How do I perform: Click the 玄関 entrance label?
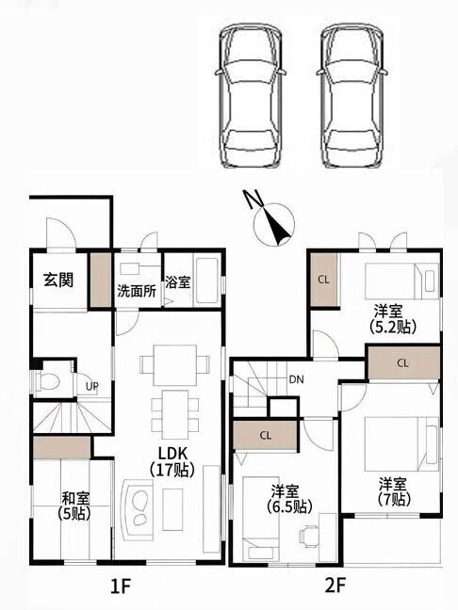[x=58, y=280]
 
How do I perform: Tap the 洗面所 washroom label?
[x=137, y=291]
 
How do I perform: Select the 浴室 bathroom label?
[x=177, y=282]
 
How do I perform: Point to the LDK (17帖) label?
[x=172, y=462]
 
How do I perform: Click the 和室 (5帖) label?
[x=74, y=506]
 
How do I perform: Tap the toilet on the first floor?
[x=47, y=381]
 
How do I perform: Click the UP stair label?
[x=92, y=387]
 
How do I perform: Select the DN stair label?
[x=297, y=379]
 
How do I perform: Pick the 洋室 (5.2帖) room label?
[x=393, y=319]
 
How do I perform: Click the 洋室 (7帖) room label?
[x=394, y=491]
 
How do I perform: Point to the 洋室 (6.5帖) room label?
[x=289, y=499]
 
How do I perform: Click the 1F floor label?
[x=120, y=586]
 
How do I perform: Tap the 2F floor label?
[x=335, y=586]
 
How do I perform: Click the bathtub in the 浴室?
[x=206, y=280]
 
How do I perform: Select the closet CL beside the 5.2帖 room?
[x=323, y=280]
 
